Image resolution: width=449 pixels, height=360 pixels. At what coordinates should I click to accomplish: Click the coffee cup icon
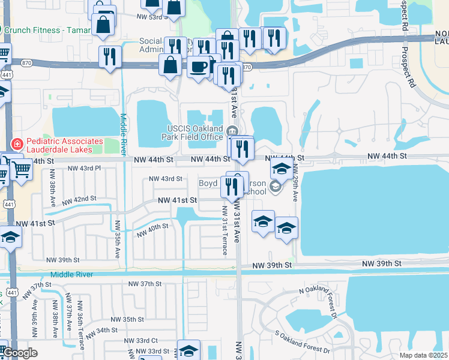coord(199,66)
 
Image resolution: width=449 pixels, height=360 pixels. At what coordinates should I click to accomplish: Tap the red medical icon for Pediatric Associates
coord(17,144)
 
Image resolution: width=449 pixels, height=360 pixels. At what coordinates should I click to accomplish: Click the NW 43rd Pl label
coord(84,168)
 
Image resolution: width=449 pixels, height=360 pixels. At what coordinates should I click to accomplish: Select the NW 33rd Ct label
coord(142,340)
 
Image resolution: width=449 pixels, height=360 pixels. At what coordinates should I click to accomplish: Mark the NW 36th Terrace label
coord(80,325)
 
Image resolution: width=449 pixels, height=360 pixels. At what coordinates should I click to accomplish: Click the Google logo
coord(20,353)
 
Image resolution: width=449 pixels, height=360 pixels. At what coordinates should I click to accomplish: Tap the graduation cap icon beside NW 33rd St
coord(188,350)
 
